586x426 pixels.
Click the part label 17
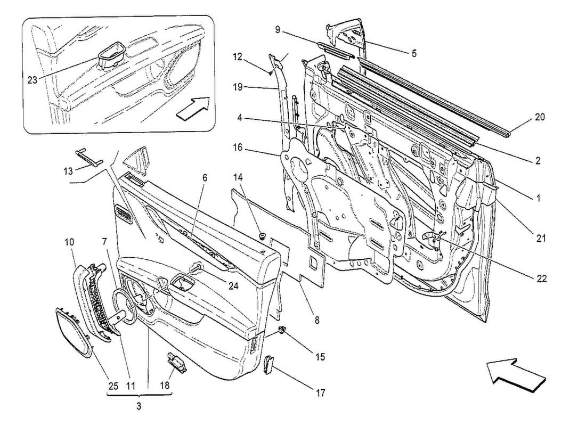(x=320, y=394)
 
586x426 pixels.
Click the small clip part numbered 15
(x=283, y=333)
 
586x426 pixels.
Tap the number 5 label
(x=413, y=53)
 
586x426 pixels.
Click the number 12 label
(x=238, y=56)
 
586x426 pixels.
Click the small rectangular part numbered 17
(x=268, y=365)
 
